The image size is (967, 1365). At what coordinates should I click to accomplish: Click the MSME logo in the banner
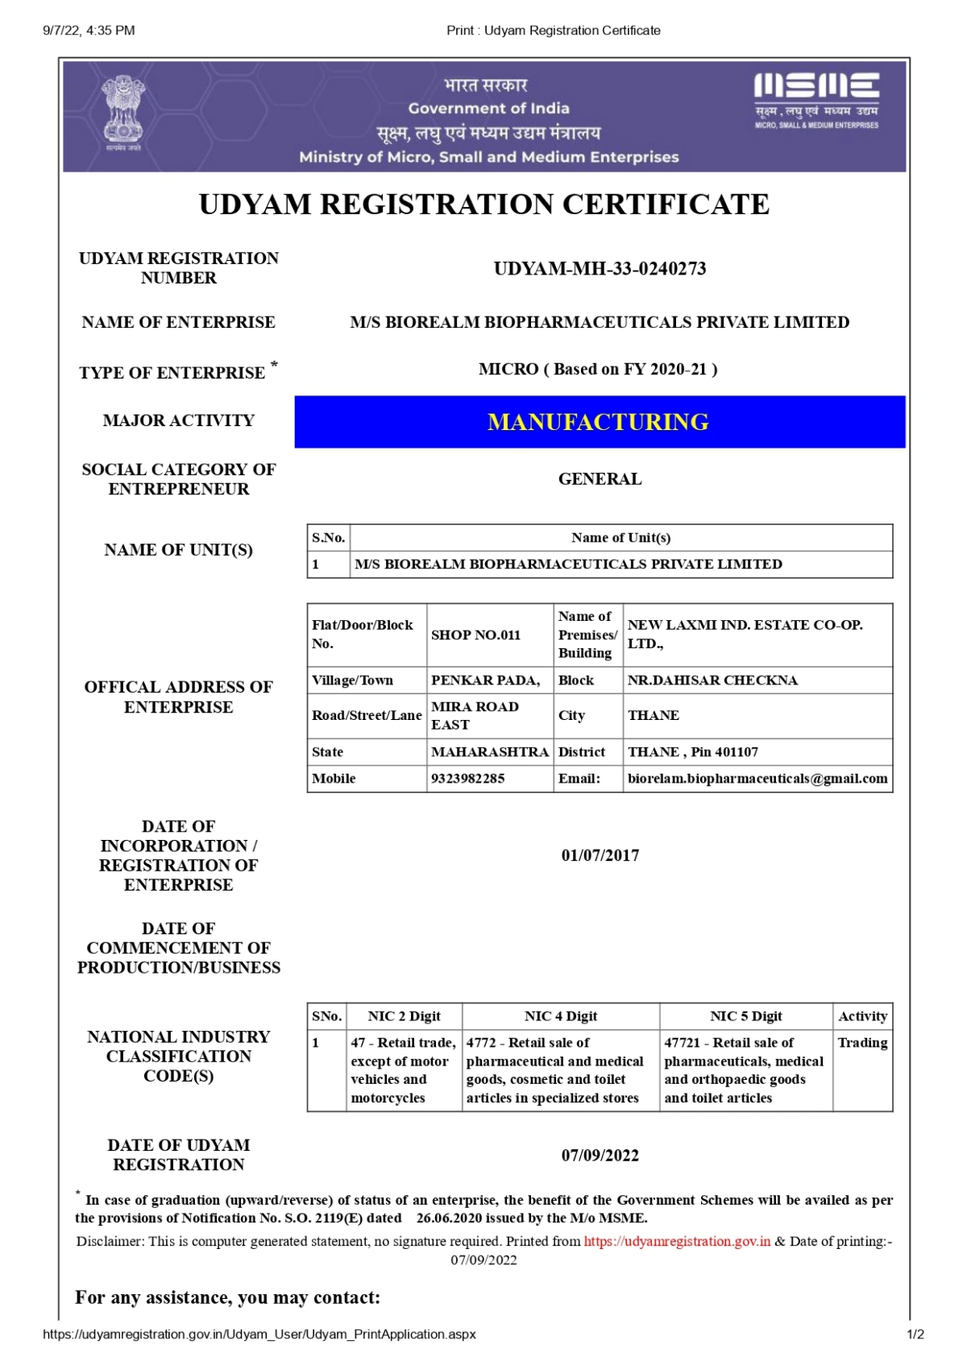[816, 101]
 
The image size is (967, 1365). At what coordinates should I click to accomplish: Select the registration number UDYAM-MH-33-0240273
[600, 269]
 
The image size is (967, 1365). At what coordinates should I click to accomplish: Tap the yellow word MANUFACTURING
[598, 422]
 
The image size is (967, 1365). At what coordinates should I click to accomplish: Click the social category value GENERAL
[600, 479]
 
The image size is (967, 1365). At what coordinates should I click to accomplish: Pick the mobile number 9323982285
[468, 779]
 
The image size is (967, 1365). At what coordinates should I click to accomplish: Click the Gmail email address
[757, 779]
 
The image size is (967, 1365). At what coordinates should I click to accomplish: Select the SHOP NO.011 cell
[476, 635]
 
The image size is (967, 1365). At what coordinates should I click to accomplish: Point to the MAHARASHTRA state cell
[489, 752]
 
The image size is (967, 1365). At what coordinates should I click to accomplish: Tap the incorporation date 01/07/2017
[600, 855]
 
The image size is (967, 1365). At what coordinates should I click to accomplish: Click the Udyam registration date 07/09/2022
[600, 1156]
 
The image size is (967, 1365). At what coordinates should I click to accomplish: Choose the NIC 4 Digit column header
[561, 1016]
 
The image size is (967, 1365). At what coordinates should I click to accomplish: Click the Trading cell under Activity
[862, 1043]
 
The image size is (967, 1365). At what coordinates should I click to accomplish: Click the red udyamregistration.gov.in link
[677, 1241]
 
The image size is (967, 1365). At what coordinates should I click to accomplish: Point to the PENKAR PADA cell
[485, 680]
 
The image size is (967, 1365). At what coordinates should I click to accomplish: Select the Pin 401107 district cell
[693, 752]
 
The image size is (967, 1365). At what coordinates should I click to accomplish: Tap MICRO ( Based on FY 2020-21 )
[598, 370]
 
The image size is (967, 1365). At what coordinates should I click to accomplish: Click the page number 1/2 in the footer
[915, 1334]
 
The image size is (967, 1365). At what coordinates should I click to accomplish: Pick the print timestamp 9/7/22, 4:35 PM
[89, 31]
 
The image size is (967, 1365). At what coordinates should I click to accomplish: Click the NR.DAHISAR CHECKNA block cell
[712, 680]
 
